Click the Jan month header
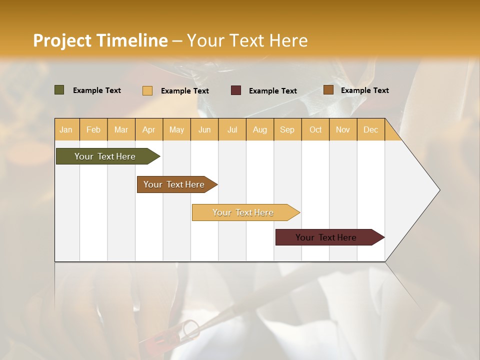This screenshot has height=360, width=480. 66,129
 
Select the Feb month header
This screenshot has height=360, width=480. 93,129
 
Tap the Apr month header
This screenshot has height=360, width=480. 148,129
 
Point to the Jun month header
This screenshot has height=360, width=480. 204,129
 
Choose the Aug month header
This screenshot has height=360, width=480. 259,129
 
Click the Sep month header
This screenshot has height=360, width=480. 287,129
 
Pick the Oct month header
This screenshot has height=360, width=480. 315,129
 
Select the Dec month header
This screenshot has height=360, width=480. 370,129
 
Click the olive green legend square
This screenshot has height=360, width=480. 59,90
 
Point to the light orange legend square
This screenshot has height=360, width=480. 147,90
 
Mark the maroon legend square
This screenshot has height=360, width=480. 236,90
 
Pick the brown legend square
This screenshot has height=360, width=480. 328,90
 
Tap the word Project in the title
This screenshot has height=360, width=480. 62,40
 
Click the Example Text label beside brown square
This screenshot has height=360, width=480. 364,90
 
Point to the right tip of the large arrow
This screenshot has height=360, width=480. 439,190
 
